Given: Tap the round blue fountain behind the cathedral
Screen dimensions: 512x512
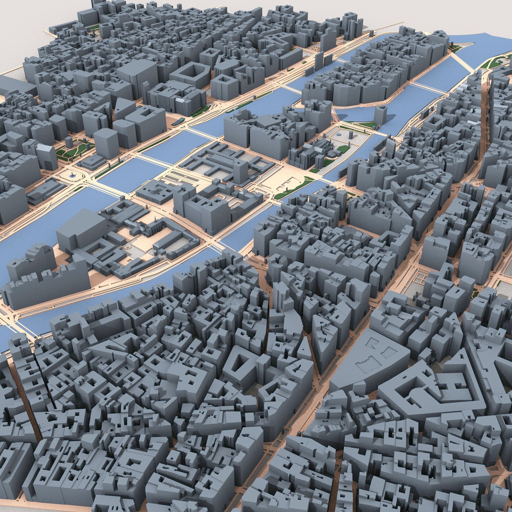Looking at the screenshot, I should (339, 135).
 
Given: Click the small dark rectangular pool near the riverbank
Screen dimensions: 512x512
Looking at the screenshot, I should (178, 122).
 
